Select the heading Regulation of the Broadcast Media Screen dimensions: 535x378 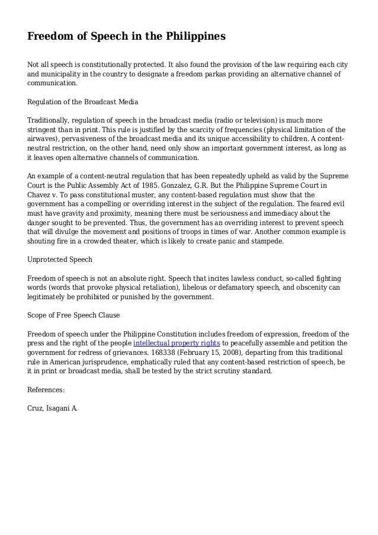(82, 102)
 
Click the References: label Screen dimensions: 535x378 (46, 390)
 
